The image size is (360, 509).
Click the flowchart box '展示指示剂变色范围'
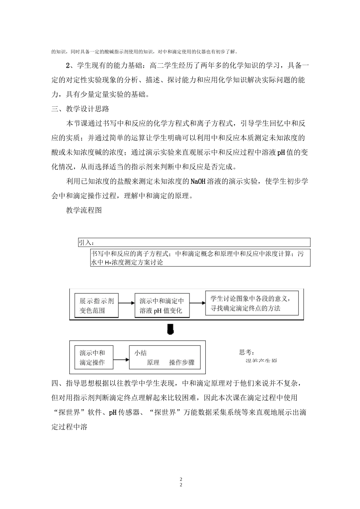97,306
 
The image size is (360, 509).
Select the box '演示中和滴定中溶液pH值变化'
162,306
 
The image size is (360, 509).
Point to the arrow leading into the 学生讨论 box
197,303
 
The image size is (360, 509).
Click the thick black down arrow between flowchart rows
171,329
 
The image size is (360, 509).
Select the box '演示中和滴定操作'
92,358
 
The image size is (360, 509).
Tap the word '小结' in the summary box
141,353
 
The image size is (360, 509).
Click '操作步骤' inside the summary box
182,362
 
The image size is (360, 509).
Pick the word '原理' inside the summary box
153,362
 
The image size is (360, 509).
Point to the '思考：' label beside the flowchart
247,352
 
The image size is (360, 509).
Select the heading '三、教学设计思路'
80,109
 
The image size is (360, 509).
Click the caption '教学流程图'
84,210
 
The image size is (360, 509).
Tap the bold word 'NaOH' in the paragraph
199,181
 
